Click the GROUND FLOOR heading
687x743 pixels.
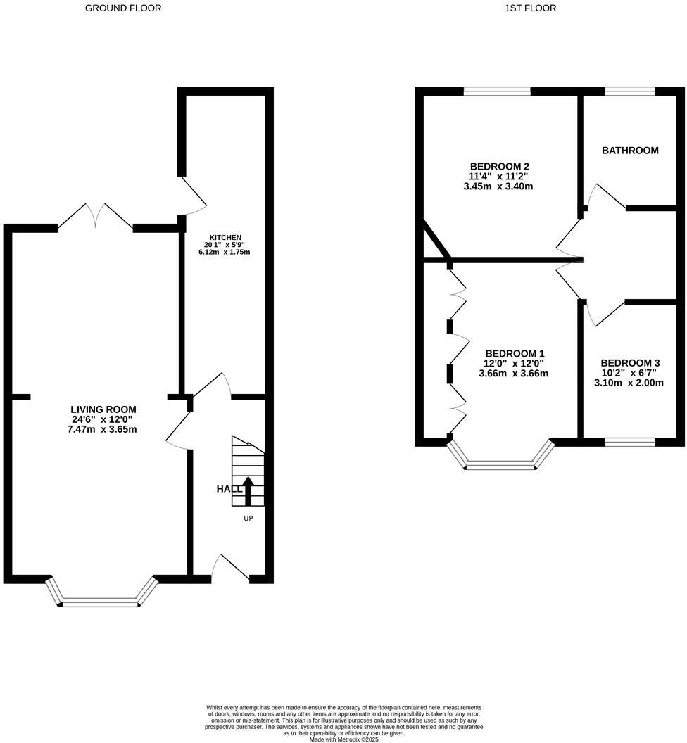pyautogui.click(x=123, y=8)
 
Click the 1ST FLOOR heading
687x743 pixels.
pyautogui.click(x=530, y=8)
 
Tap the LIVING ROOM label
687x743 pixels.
pyautogui.click(x=103, y=409)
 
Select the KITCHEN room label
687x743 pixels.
pyautogui.click(x=226, y=237)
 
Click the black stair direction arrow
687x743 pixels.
pyautogui.click(x=248, y=490)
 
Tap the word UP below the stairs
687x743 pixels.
pyautogui.click(x=248, y=519)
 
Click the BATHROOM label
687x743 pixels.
pyautogui.click(x=630, y=151)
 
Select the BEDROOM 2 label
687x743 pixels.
pyautogui.click(x=500, y=166)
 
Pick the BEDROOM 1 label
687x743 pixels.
pyautogui.click(x=515, y=353)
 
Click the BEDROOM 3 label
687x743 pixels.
pyautogui.click(x=630, y=363)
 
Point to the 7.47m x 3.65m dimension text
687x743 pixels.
pyautogui.click(x=102, y=430)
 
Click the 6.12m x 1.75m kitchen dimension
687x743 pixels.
pyautogui.click(x=225, y=252)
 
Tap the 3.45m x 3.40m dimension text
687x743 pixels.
pyautogui.click(x=498, y=186)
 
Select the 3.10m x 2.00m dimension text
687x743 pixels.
pyautogui.click(x=629, y=383)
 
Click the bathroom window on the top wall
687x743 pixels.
pyautogui.click(x=630, y=91)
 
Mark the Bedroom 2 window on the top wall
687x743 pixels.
pyautogui.click(x=497, y=91)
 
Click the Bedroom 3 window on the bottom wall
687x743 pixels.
pyautogui.click(x=630, y=442)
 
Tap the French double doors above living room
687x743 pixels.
pyautogui.click(x=95, y=217)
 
